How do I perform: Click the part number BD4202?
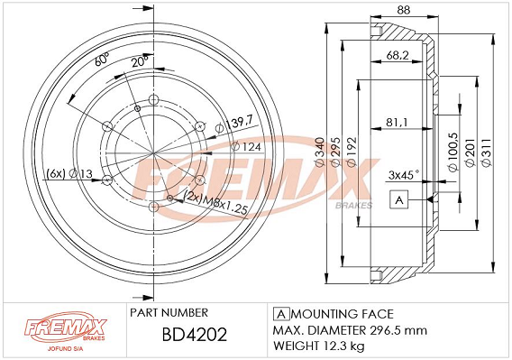tap(195, 335)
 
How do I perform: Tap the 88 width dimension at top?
tap(403, 10)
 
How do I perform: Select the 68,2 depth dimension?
tap(398, 55)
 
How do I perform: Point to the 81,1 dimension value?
tap(397, 123)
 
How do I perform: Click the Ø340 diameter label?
tap(320, 152)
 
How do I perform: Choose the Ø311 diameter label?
tap(487, 153)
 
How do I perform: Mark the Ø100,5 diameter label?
tap(453, 152)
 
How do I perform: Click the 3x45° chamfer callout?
tap(404, 175)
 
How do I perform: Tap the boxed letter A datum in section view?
tap(399, 199)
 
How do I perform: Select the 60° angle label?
tap(102, 60)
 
